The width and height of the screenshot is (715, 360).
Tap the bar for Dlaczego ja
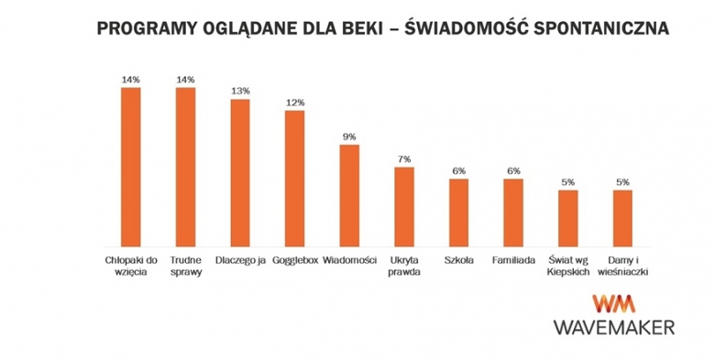tap(240, 172)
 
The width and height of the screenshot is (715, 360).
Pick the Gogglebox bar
tap(294, 178)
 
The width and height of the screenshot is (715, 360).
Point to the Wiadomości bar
tap(349, 195)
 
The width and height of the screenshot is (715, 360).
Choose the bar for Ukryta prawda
tap(404, 207)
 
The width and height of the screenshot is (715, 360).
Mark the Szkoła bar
tap(458, 213)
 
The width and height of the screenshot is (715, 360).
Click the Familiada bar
tap(513, 213)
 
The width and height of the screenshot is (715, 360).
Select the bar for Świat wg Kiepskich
tap(568, 218)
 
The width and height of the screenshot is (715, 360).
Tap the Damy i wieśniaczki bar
tap(622, 218)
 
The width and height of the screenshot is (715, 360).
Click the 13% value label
tap(240, 91)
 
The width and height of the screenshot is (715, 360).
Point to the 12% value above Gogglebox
tap(294, 102)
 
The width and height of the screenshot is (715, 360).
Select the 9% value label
tap(349, 136)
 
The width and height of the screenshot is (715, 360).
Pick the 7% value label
tap(404, 159)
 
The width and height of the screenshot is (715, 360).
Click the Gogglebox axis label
tap(294, 260)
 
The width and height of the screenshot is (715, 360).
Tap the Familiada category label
tap(513, 260)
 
